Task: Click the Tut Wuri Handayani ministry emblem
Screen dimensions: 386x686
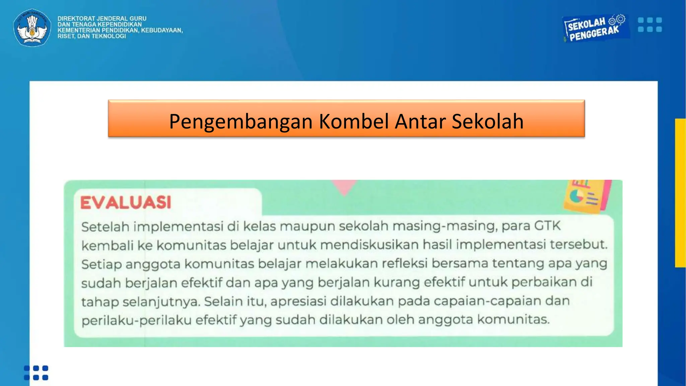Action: [x=32, y=27]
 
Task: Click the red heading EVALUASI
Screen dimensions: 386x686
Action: [x=126, y=202]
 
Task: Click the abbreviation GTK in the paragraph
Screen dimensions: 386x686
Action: [x=547, y=226]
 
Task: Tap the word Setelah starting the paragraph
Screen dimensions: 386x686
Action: [x=105, y=227]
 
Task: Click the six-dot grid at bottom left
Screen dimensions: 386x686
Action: [x=36, y=373]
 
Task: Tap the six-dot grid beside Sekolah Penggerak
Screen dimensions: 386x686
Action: [x=649, y=25]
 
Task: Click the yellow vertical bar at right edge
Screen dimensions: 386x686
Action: [x=680, y=193]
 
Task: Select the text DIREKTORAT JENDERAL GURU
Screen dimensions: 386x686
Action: [x=102, y=18]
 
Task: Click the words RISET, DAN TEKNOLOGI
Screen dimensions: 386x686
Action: [x=91, y=36]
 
